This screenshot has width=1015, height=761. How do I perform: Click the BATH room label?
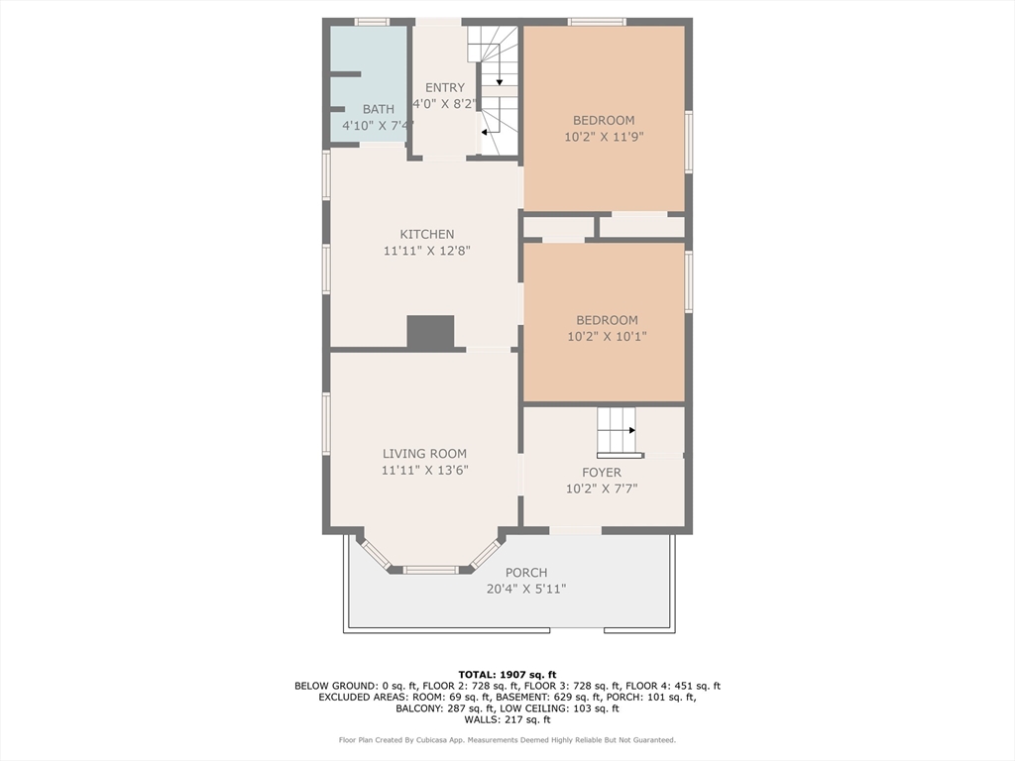pos(378,109)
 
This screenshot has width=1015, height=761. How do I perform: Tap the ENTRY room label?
pos(445,87)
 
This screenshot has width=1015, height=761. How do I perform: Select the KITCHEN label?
pos(426,234)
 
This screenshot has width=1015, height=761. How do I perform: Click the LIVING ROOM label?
pos(424,454)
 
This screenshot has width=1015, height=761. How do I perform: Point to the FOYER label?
pos(602,473)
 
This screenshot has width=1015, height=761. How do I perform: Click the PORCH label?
pos(526,573)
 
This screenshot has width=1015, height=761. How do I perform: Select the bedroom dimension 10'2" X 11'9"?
pos(604,137)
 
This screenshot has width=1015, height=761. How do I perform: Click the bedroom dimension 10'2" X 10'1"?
pos(608,337)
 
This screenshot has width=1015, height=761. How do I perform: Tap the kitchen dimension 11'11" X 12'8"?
pos(426,251)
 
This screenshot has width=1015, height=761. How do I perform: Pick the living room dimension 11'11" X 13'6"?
pos(424,470)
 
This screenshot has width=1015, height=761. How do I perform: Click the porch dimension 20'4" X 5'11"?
pos(526,589)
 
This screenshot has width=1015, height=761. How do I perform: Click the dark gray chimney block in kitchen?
pos(430,332)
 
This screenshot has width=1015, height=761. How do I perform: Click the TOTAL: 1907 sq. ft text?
pos(507,675)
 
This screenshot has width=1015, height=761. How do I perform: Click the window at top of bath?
pos(372,22)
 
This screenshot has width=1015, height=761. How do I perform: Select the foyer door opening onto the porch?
pos(576,531)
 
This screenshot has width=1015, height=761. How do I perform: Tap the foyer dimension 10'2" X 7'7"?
pos(602,489)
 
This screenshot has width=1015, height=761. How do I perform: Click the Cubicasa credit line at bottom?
pos(507,739)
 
